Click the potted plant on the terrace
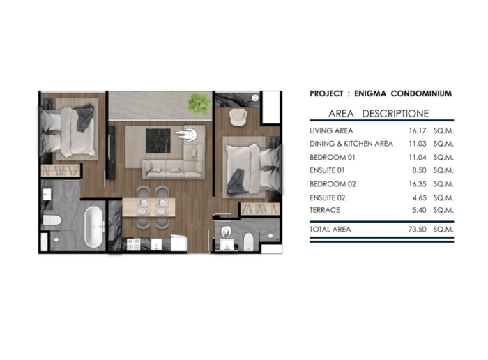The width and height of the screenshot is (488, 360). tap(198, 103)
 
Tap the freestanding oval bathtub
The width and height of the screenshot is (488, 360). tap(94, 227)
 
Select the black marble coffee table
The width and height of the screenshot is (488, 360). tap(158, 141)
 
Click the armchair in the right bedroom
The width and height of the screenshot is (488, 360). tap(238, 117)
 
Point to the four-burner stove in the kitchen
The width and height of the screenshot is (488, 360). tap(134, 244)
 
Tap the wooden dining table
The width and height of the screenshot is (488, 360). tap(148, 207)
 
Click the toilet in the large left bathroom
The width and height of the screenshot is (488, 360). tap(52, 220)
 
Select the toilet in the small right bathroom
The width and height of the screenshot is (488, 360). tap(248, 241)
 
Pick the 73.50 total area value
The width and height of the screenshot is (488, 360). tap(417, 230)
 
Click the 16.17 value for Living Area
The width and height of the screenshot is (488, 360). tap(417, 130)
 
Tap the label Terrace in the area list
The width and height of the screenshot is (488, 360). tap(325, 210)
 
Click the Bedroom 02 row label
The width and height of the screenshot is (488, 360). tap(333, 184)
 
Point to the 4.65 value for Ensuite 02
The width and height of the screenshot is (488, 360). tap(419, 197)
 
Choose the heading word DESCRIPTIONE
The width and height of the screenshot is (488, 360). tap(395, 114)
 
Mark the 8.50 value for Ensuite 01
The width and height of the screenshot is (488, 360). tap(419, 170)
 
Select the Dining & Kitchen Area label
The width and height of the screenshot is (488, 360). tap(351, 144)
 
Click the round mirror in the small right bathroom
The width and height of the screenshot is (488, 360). tap(226, 232)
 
